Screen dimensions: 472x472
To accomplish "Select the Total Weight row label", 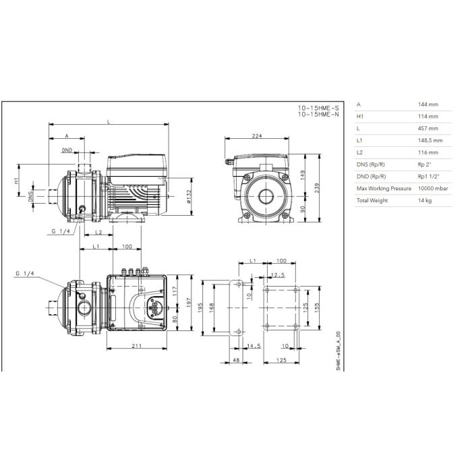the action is coord(372,200).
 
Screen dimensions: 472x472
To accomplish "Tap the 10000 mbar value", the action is coord(433,188).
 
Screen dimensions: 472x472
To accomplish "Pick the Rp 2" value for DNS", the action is coord(424,165).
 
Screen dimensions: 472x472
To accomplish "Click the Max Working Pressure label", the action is coord(384,188).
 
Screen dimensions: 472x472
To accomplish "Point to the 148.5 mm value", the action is coord(430,140).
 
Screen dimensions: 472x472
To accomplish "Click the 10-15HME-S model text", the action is coord(318,108).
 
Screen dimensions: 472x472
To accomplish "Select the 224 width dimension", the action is coord(257,136).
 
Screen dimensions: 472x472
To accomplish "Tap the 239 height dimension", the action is coord(316,188).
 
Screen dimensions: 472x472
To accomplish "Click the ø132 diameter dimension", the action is coord(189,197).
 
